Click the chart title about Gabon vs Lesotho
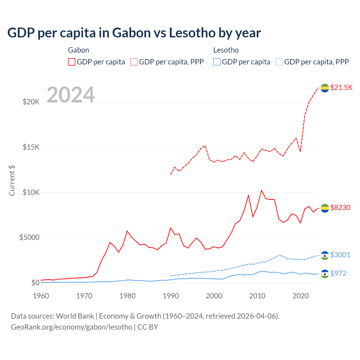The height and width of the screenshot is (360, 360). click(x=134, y=33)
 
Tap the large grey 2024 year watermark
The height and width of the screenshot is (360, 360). click(x=71, y=95)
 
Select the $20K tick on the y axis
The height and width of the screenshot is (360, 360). click(x=31, y=102)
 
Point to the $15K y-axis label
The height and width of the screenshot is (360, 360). click(x=31, y=147)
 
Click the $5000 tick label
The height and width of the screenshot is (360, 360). click(x=29, y=238)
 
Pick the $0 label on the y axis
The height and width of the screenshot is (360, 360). click(x=35, y=283)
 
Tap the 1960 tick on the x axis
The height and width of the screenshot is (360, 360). click(x=41, y=296)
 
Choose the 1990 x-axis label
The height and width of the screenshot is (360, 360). click(x=171, y=296)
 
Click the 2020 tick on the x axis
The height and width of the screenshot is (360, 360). click(x=301, y=296)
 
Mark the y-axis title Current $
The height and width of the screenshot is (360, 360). click(x=12, y=181)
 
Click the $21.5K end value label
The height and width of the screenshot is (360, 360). click(x=341, y=87)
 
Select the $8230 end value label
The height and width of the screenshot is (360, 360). click(x=340, y=208)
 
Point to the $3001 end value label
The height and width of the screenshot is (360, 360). click(x=340, y=255)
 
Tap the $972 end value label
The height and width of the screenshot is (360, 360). click(x=338, y=273)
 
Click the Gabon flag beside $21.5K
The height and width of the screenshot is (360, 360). click(x=325, y=88)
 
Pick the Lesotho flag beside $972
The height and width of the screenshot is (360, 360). click(x=325, y=274)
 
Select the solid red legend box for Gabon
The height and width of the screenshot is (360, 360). click(x=72, y=62)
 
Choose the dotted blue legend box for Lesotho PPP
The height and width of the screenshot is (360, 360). click(x=279, y=62)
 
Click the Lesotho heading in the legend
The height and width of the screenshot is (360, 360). click(x=226, y=50)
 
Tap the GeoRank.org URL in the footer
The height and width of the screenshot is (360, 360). click(x=71, y=327)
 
